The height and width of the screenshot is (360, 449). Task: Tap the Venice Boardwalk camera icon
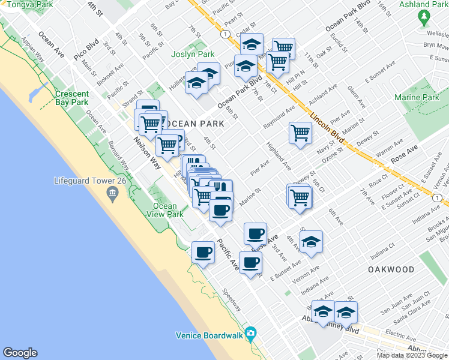point(251,334)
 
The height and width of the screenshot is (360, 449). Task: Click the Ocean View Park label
point(165,210)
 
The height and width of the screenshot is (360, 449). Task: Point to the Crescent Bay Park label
point(71,98)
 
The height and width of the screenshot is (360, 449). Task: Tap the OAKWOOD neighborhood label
point(391,270)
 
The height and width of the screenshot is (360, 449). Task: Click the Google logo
point(20,353)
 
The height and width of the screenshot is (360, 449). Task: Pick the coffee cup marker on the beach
point(203,252)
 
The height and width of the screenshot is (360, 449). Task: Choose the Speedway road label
point(231,300)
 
